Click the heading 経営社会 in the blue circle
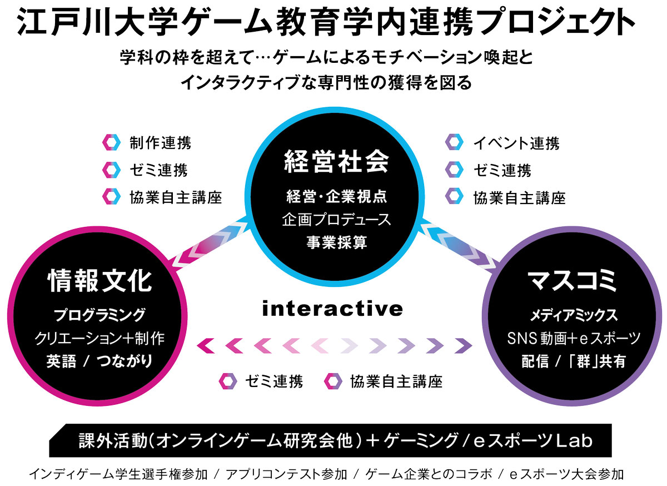pos(336,161)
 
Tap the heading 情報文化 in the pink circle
pos(99,280)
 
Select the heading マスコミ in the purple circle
pos(572,280)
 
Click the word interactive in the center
pos(332,309)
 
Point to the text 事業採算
pos(337,242)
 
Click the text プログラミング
pos(99,315)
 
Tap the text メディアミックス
pos(574,315)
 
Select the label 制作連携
pos(160,143)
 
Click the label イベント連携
pos(516,143)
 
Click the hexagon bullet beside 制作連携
pos(111,142)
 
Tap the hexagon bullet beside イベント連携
pos(455,142)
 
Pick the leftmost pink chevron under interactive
pos(206,346)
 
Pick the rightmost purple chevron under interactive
pos(464,346)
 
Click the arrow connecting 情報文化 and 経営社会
pos(210,243)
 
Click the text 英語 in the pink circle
pos(61,360)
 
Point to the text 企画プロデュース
pos(336,219)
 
